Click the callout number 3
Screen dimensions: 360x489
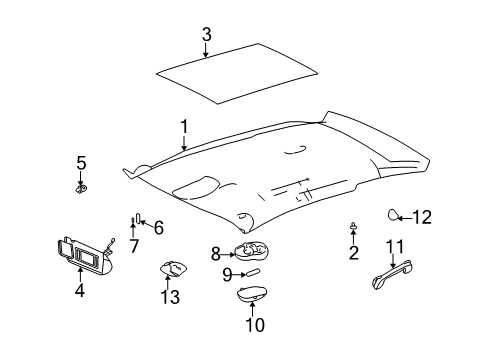click(206, 35)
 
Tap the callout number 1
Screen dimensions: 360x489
click(184, 126)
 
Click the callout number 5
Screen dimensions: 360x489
click(82, 162)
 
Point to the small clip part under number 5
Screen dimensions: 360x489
click(81, 185)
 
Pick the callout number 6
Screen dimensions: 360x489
click(158, 227)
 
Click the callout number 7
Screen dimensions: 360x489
click(133, 246)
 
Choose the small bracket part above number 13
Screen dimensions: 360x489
click(171, 268)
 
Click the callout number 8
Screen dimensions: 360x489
click(214, 255)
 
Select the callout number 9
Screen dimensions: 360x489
click(227, 273)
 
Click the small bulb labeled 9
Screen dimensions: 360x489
click(252, 272)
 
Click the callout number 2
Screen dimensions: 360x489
click(353, 253)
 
